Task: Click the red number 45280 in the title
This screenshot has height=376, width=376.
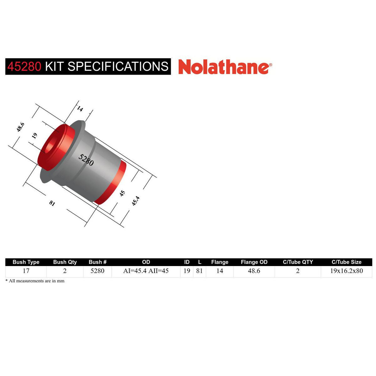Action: tap(24, 66)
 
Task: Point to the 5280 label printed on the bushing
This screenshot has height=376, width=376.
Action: tap(86, 160)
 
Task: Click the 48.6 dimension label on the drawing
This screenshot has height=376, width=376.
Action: tap(21, 127)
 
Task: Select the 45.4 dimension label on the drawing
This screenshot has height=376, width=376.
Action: tap(135, 201)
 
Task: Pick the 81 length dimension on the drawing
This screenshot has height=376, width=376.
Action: tap(52, 203)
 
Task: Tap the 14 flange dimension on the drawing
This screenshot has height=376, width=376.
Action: tap(80, 109)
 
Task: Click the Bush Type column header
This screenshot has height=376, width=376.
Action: tap(26, 262)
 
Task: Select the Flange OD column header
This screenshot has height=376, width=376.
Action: tap(254, 262)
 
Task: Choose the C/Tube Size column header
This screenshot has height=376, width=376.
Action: tap(347, 262)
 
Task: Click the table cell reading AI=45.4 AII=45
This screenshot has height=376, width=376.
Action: tap(146, 271)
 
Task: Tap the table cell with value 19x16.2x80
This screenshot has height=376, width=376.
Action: tap(347, 271)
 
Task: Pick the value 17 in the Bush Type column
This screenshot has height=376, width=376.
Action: tap(26, 271)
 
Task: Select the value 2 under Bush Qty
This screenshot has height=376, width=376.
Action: tap(65, 271)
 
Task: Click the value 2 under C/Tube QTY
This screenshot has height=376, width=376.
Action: tap(298, 271)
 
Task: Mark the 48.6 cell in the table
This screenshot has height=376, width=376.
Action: tap(254, 271)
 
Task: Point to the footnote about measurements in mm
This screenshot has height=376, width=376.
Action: tap(35, 281)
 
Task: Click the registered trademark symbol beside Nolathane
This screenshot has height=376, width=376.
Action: tap(270, 65)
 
